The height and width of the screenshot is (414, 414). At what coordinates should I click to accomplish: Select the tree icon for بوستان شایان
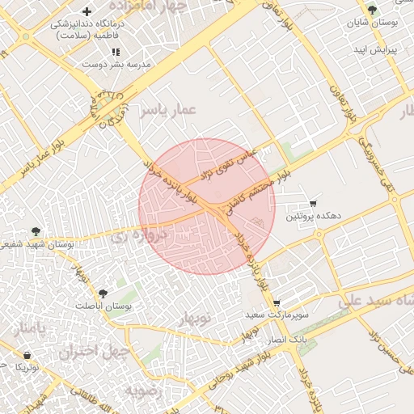pyautogui.click(x=372, y=11)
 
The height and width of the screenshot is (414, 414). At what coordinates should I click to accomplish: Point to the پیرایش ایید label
pyautogui.click(x=378, y=50)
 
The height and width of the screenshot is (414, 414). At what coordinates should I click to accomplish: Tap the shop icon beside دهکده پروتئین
pyautogui.click(x=313, y=202)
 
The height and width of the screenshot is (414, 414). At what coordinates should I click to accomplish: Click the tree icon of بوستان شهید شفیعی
pyautogui.click(x=35, y=232)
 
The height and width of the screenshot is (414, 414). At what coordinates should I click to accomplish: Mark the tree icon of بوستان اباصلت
pyautogui.click(x=103, y=294)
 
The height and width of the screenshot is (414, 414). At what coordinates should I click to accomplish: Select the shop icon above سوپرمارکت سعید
pyautogui.click(x=277, y=302)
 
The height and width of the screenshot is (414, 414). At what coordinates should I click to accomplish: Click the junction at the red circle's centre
pyautogui.click(x=207, y=206)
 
